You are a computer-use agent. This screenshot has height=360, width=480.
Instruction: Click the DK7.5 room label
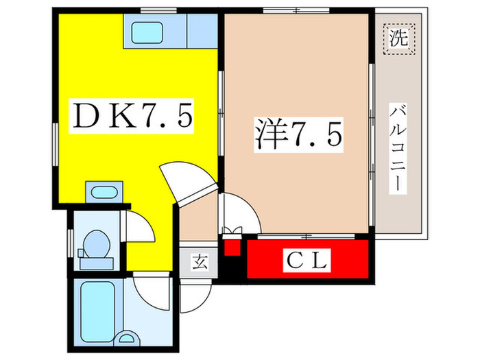[132, 116]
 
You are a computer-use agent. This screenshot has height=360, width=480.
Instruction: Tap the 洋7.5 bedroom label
[298, 134]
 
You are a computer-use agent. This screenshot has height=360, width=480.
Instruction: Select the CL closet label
[307, 261]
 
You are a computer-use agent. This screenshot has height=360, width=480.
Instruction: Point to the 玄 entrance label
[200, 262]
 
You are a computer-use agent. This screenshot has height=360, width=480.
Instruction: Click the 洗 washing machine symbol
[398, 39]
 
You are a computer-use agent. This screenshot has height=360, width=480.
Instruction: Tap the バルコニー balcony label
[398, 149]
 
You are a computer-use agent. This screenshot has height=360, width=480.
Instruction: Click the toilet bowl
[97, 244]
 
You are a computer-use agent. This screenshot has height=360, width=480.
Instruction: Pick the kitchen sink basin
[147, 33]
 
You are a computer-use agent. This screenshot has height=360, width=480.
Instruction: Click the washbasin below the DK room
[104, 192]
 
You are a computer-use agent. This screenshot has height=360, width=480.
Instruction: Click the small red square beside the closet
[232, 248]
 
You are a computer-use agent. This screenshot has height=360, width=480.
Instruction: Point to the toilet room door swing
[139, 226]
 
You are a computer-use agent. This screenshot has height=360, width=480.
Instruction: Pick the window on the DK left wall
[56, 144]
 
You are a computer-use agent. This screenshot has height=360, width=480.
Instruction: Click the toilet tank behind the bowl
[97, 263]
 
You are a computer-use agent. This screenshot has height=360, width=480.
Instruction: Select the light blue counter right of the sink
[202, 31]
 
